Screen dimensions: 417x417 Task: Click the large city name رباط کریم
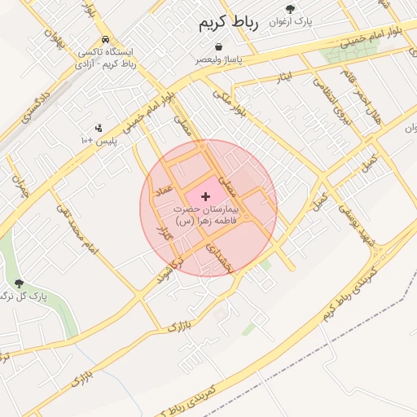coord(228,24)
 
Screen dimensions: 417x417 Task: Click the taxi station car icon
coord(105,39)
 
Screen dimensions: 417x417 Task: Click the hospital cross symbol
coord(204,196)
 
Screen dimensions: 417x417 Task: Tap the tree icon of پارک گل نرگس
coord(20,283)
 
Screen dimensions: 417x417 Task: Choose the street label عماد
coord(167,189)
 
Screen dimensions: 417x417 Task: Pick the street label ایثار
coord(283,77)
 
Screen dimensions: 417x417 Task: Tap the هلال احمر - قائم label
coord(359,105)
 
